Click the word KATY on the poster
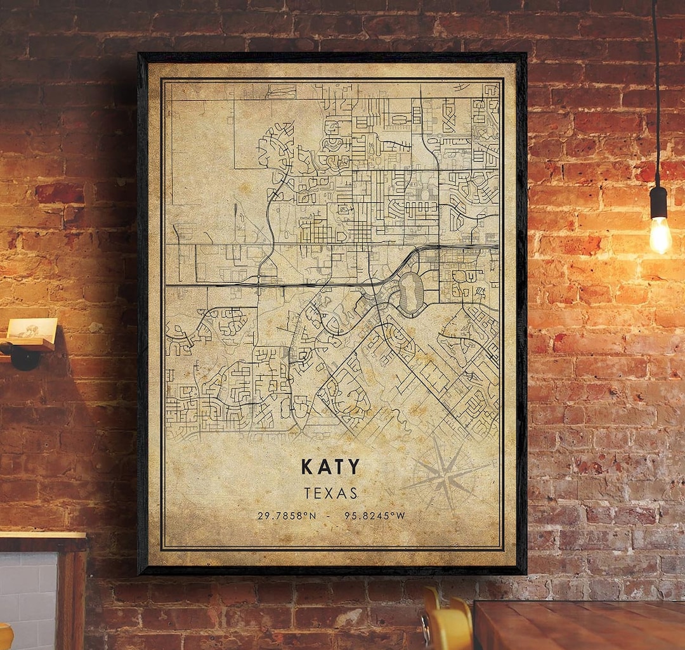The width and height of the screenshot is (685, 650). point(330,467)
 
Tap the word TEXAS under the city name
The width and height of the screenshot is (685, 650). point(330,493)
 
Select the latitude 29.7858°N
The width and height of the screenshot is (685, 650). point(287,516)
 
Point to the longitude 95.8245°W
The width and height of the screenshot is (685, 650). point(374,516)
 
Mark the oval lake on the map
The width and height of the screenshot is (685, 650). point(411,294)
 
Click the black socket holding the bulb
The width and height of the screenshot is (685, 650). point(658,202)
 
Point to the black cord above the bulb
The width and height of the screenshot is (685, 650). point(656,95)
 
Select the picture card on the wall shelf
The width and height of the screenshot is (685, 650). point(32,329)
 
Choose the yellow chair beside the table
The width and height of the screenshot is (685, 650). point(448,625)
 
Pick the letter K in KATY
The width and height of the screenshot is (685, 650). point(307,467)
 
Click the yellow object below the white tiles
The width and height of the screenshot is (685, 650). point(5,637)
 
